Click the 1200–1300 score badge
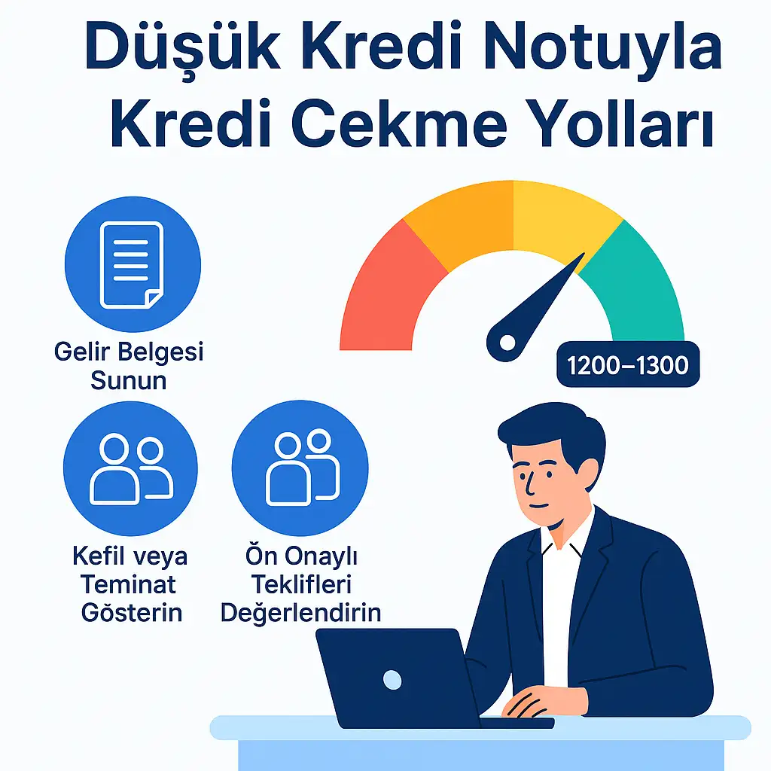(x=627, y=366)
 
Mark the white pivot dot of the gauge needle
(x=507, y=343)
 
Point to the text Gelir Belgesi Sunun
(x=129, y=365)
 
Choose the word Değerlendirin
(x=300, y=611)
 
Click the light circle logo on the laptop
(x=392, y=680)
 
